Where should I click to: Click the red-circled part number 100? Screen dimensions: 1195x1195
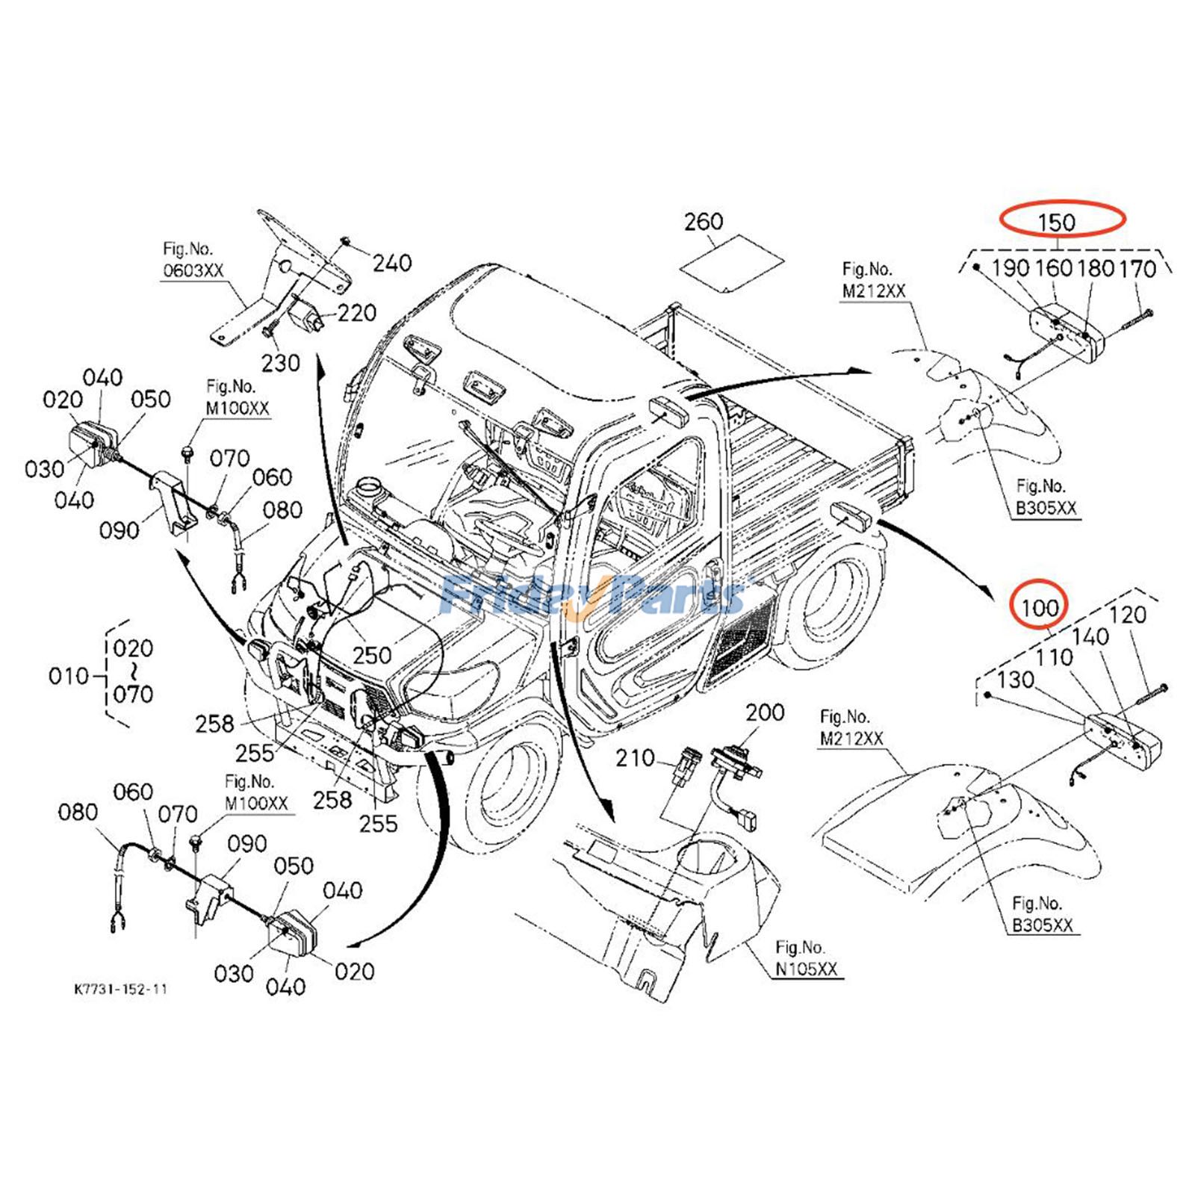pyautogui.click(x=1039, y=608)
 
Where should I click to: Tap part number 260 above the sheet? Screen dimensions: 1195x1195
pyautogui.click(x=704, y=221)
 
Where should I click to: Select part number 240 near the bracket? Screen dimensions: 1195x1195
pyautogui.click(x=392, y=262)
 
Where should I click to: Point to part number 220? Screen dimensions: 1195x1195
pyautogui.click(x=356, y=312)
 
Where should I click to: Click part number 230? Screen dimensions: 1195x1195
pyautogui.click(x=280, y=363)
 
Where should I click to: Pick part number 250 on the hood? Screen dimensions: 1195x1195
pyautogui.click(x=372, y=655)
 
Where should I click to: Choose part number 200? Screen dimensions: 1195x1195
pyautogui.click(x=765, y=712)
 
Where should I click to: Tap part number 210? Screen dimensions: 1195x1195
pyautogui.click(x=635, y=758)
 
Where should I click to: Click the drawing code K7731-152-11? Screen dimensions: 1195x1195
pyautogui.click(x=120, y=989)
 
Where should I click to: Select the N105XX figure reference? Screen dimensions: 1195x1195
pyautogui.click(x=806, y=969)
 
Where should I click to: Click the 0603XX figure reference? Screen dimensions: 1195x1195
pyautogui.click(x=193, y=270)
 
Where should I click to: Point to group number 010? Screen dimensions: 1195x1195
pyautogui.click(x=69, y=676)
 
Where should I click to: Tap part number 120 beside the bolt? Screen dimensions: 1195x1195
pyautogui.click(x=1127, y=615)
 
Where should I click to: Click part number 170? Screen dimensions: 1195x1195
pyautogui.click(x=1137, y=268)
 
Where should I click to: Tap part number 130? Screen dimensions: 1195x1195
pyautogui.click(x=1015, y=679)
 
